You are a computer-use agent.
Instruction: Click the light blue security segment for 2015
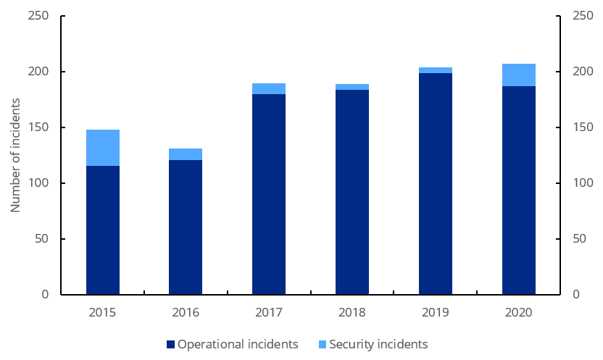coord(103,148)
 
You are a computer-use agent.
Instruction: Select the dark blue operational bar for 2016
coord(186,227)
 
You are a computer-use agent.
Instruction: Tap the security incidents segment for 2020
coord(518,75)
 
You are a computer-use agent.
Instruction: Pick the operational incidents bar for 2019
coord(435,184)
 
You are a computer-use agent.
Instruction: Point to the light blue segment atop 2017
coord(269,88)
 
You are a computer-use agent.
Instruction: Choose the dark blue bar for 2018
coord(352,192)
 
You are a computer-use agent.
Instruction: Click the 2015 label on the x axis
coord(103,312)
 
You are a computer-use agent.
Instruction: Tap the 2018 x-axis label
coord(352,312)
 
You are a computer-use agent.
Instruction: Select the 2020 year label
coord(518,312)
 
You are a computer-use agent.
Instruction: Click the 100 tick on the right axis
coord(582,183)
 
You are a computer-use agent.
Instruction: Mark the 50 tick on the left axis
coord(41,239)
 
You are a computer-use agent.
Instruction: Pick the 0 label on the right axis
coord(575,295)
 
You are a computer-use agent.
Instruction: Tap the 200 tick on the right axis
coord(582,72)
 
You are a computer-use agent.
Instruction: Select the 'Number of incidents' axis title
coord(15,155)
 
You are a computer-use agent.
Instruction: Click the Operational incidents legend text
coord(238,344)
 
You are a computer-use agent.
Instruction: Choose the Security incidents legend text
coord(378,344)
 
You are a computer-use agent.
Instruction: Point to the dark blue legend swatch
coord(171,345)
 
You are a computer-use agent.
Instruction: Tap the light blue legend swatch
coord(323,345)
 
